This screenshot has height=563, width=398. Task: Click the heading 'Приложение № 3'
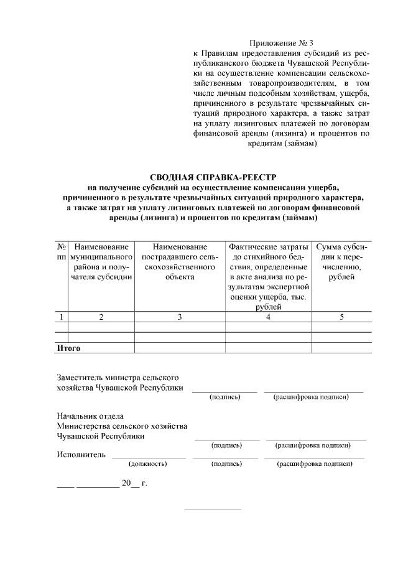pos(281,43)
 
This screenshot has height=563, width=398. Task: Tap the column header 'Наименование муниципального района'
pos(101,262)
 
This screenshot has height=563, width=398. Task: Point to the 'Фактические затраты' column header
pos(268,247)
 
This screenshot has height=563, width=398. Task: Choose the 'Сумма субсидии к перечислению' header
pos(341,262)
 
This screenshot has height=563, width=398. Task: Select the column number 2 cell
pos(101,317)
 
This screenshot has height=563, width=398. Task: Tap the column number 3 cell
pos(180,317)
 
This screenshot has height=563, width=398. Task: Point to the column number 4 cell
pos(268,317)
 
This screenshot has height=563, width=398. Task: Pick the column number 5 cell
pos(341,317)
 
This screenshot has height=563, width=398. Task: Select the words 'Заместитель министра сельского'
pos(118,378)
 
